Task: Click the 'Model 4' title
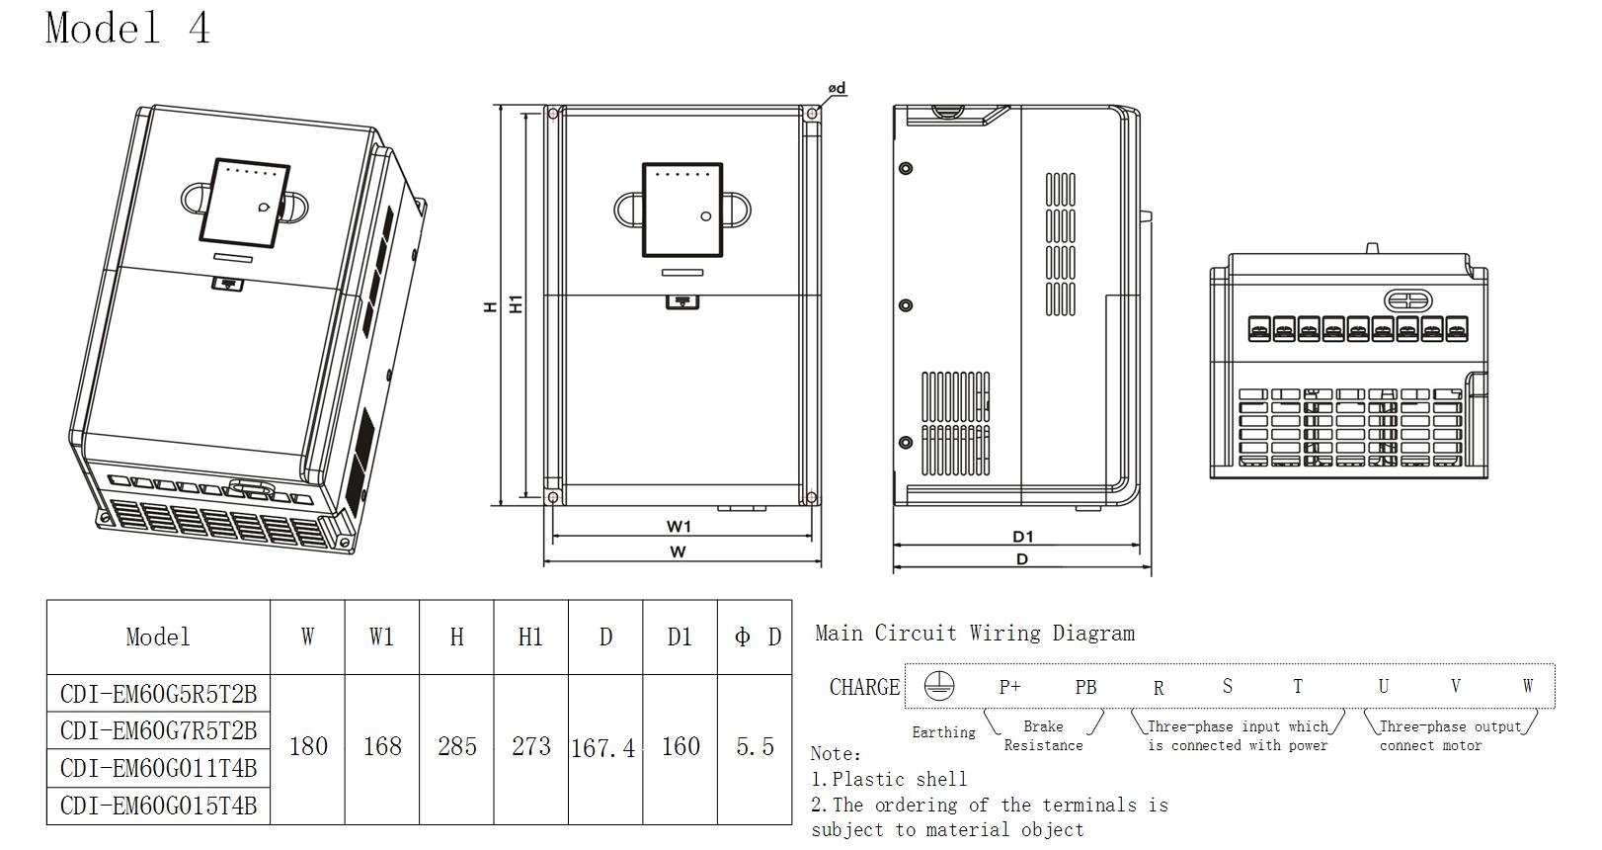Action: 128,29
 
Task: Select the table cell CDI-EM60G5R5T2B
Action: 158,693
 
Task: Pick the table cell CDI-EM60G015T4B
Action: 158,806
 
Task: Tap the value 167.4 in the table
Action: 602,748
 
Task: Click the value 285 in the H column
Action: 456,746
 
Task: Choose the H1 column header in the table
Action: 530,637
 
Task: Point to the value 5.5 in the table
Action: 755,747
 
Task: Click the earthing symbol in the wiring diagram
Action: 938,686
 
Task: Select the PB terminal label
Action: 1085,687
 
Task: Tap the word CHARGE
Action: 864,687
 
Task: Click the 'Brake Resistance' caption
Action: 1043,735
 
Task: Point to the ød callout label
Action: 837,88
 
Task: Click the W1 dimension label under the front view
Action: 679,527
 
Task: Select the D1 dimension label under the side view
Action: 1022,537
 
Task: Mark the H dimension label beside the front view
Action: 490,307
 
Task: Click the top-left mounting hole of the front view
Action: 552,114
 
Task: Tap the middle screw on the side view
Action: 906,305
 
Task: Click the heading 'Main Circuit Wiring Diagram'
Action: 975,634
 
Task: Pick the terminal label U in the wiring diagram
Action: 1383,686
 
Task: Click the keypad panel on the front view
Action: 682,210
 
